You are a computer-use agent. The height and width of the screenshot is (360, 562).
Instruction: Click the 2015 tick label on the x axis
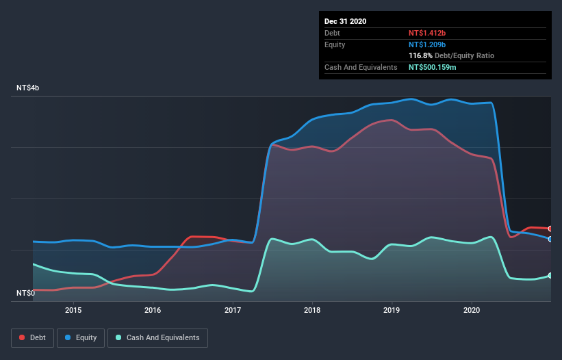pos(73,309)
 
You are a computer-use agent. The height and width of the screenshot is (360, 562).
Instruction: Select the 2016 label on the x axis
pos(153,309)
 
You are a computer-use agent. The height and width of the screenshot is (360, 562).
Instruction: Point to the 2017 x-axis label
pos(233,309)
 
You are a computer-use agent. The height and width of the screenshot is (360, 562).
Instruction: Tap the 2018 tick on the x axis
pos(312,309)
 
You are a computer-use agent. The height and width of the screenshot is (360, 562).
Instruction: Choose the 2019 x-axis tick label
pos(392,309)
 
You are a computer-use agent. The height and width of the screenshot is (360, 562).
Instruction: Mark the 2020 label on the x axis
pos(472,309)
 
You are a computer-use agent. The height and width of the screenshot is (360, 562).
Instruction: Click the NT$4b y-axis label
pos(28,88)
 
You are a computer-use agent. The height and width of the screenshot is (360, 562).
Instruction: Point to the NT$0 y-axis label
pos(25,293)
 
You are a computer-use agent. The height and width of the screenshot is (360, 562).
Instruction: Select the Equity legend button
pos(81,337)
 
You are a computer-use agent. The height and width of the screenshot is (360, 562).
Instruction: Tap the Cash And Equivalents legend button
pos(157,337)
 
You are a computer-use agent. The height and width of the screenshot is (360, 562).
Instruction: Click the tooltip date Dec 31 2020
pos(345,21)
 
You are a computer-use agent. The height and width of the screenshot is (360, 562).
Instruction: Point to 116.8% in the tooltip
pos(420,55)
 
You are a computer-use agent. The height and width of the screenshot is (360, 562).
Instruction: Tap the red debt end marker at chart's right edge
pos(550,229)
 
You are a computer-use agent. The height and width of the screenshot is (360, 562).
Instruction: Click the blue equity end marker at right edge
pos(550,239)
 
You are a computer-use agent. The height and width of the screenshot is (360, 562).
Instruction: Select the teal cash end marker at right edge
pos(550,275)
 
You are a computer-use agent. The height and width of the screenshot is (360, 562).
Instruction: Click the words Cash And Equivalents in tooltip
pos(361,67)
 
